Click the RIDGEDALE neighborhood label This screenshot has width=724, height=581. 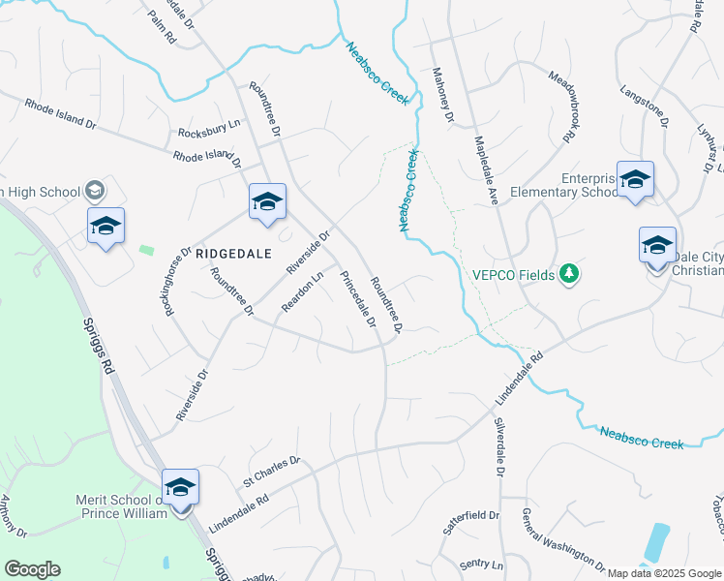pyautogui.click(x=229, y=252)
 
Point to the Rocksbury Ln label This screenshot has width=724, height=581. pyautogui.click(x=208, y=128)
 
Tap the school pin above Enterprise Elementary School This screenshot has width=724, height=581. pyautogui.click(x=635, y=180)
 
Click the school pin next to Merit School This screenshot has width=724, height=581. pyautogui.click(x=180, y=487)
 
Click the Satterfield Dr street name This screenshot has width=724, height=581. pyautogui.click(x=471, y=523)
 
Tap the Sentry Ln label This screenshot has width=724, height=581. pyautogui.click(x=483, y=564)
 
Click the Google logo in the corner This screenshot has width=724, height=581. pyautogui.click(x=32, y=569)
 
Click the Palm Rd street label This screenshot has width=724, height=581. pyautogui.click(x=163, y=28)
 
